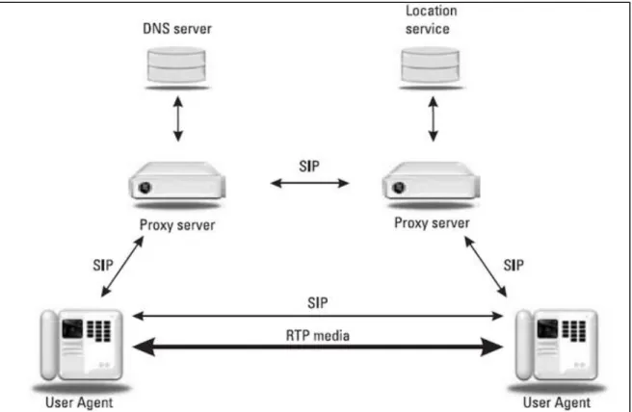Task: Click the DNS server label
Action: click(x=177, y=29)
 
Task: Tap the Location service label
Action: click(x=431, y=20)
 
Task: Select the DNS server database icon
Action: click(x=176, y=65)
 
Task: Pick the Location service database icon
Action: click(x=431, y=65)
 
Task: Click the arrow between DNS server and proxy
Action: click(x=177, y=118)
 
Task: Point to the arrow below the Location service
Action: click(x=433, y=118)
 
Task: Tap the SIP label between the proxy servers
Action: click(x=309, y=167)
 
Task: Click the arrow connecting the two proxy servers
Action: click(x=309, y=184)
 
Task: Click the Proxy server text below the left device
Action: click(x=177, y=225)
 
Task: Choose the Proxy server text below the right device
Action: click(x=432, y=223)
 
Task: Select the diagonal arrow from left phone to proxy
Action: click(x=122, y=267)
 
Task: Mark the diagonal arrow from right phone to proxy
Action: click(x=486, y=267)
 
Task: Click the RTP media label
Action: click(x=318, y=336)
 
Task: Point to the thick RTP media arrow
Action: click(x=318, y=348)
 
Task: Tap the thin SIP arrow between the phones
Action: click(x=318, y=316)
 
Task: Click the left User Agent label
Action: click(x=79, y=402)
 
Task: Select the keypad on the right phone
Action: click(x=574, y=331)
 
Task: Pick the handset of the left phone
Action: click(x=49, y=345)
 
